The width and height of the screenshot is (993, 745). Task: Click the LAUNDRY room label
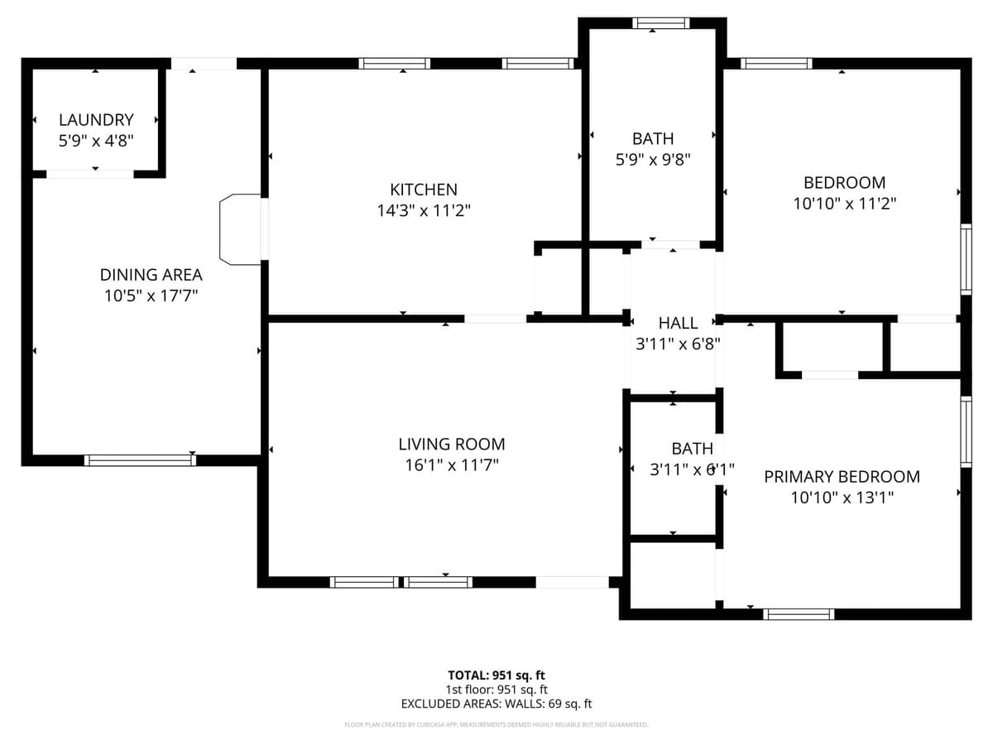[x=96, y=120]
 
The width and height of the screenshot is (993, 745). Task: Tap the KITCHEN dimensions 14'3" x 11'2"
[x=424, y=210]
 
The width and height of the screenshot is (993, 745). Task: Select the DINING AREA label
[x=151, y=275]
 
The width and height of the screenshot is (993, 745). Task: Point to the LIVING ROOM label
[x=451, y=445]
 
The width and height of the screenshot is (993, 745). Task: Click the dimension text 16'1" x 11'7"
[x=451, y=465]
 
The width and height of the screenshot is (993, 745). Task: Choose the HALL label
[x=678, y=323]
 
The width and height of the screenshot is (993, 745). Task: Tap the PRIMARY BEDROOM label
[x=842, y=477]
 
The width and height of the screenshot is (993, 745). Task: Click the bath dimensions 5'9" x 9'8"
[x=653, y=160]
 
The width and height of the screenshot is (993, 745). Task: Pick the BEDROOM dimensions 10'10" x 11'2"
[x=844, y=203]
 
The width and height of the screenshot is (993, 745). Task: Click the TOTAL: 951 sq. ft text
[x=496, y=675]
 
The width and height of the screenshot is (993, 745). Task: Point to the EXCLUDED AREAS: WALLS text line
[x=496, y=704]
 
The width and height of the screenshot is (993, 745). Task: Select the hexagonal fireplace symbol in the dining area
[x=240, y=229]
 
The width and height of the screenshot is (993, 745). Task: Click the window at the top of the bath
[x=660, y=23]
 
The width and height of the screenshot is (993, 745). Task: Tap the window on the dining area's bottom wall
[x=140, y=460]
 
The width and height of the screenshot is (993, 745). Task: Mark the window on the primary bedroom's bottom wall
[x=798, y=614]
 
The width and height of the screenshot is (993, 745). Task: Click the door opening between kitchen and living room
[x=495, y=318]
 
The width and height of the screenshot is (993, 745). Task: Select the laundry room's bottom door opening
[x=89, y=174]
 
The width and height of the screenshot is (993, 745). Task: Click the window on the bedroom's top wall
[x=775, y=64]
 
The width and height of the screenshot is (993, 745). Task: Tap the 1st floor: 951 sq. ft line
[x=496, y=689]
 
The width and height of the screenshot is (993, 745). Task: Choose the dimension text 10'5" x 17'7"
[x=151, y=296]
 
